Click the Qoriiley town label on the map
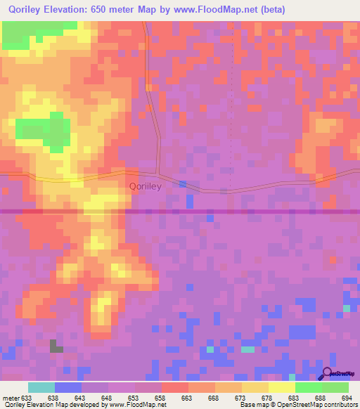(146, 186)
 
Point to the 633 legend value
(25, 397)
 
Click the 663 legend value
(186, 397)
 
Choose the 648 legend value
(106, 397)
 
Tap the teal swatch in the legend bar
(41, 387)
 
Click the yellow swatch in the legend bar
(281, 387)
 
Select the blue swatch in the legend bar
(68, 387)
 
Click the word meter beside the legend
(10, 397)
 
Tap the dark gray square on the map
(56, 345)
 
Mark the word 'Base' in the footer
(246, 405)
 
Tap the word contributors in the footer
(334, 405)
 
